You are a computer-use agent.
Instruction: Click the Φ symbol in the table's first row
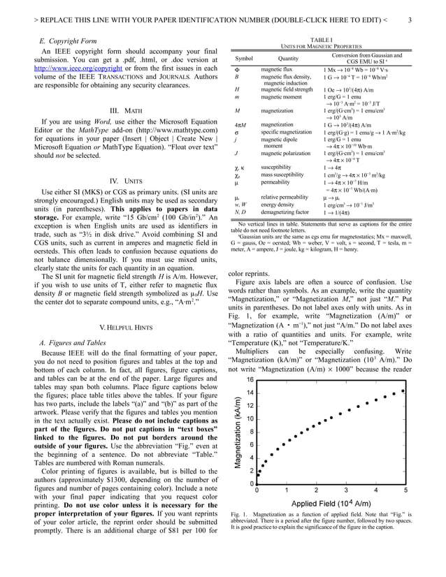(237, 70)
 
